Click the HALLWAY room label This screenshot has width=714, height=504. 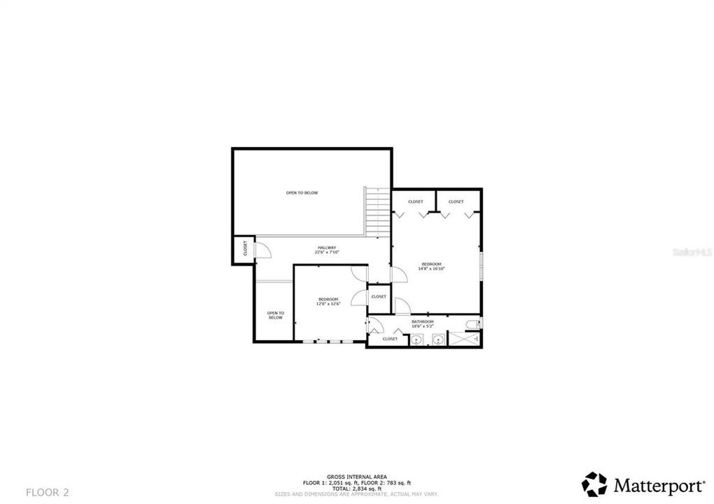[327, 247]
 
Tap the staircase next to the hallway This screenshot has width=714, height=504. [377, 211]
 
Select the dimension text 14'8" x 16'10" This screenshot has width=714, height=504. [431, 268]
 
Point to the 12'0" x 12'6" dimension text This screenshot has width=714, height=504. [328, 304]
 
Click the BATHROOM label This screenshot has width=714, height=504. [422, 321]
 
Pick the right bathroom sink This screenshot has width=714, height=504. [437, 341]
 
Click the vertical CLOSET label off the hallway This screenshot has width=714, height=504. [245, 249]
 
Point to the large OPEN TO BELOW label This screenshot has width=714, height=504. [302, 192]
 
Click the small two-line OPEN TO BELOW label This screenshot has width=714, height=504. [275, 315]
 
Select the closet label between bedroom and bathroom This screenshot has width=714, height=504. [379, 296]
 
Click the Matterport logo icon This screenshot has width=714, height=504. [594, 484]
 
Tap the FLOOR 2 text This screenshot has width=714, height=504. [48, 492]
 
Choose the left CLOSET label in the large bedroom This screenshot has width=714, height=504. [415, 202]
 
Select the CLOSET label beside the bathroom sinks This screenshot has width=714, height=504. [390, 339]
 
